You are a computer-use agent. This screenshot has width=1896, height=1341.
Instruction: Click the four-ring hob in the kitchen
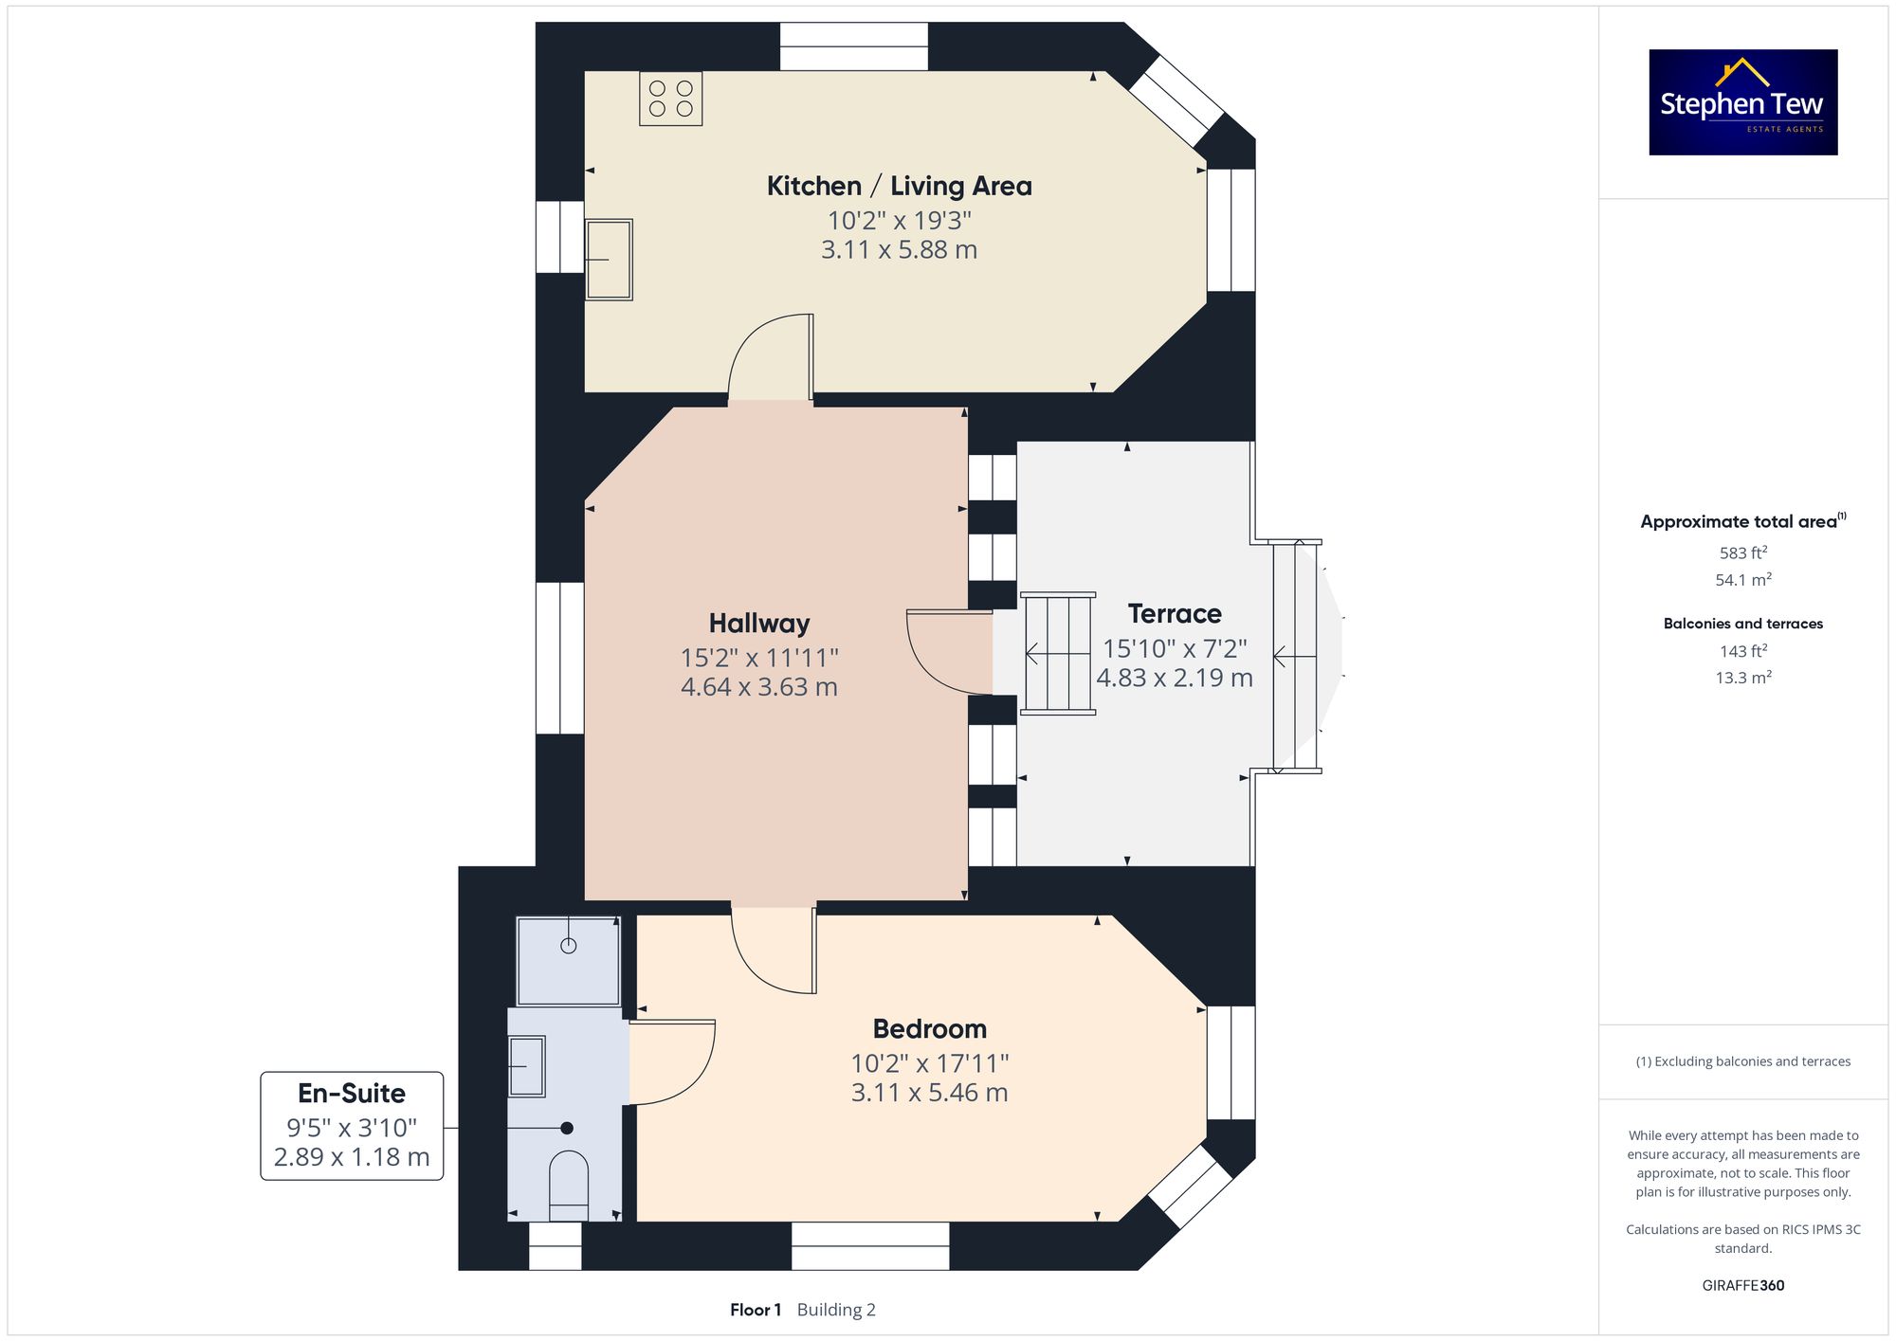[x=670, y=99]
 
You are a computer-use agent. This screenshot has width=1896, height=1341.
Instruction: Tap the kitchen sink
[x=609, y=260]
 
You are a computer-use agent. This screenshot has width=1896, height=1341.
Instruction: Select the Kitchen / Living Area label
[x=899, y=186]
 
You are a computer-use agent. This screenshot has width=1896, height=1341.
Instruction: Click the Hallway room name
[x=759, y=623]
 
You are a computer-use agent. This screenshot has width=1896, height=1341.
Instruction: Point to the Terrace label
[x=1175, y=613]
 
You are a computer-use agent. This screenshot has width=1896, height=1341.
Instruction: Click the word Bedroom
[x=930, y=1028]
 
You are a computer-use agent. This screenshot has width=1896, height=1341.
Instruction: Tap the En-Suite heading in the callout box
[x=352, y=1093]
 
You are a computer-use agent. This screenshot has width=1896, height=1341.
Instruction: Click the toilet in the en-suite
[x=569, y=1186]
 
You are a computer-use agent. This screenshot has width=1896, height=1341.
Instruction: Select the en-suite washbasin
[x=527, y=1066]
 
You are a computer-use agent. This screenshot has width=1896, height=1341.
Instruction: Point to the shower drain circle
[x=569, y=945]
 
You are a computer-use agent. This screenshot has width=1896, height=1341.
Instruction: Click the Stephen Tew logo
[x=1743, y=102]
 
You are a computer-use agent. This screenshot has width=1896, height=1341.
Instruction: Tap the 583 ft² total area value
[x=1743, y=553]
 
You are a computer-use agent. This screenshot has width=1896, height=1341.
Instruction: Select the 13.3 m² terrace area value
[x=1743, y=678]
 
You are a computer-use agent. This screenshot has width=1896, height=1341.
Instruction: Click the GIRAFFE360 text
[x=1743, y=1285]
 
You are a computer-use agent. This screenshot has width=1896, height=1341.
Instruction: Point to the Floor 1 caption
[x=756, y=1310]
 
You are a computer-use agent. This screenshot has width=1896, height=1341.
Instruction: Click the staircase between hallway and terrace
[x=1058, y=653]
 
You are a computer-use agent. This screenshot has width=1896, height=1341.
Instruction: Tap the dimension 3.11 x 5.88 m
[x=899, y=249]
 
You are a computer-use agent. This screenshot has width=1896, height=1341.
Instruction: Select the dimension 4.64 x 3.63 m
[x=759, y=686]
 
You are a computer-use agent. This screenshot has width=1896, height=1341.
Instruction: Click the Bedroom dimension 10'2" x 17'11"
[x=930, y=1063]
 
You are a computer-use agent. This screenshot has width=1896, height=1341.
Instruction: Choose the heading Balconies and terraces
[x=1743, y=624]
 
